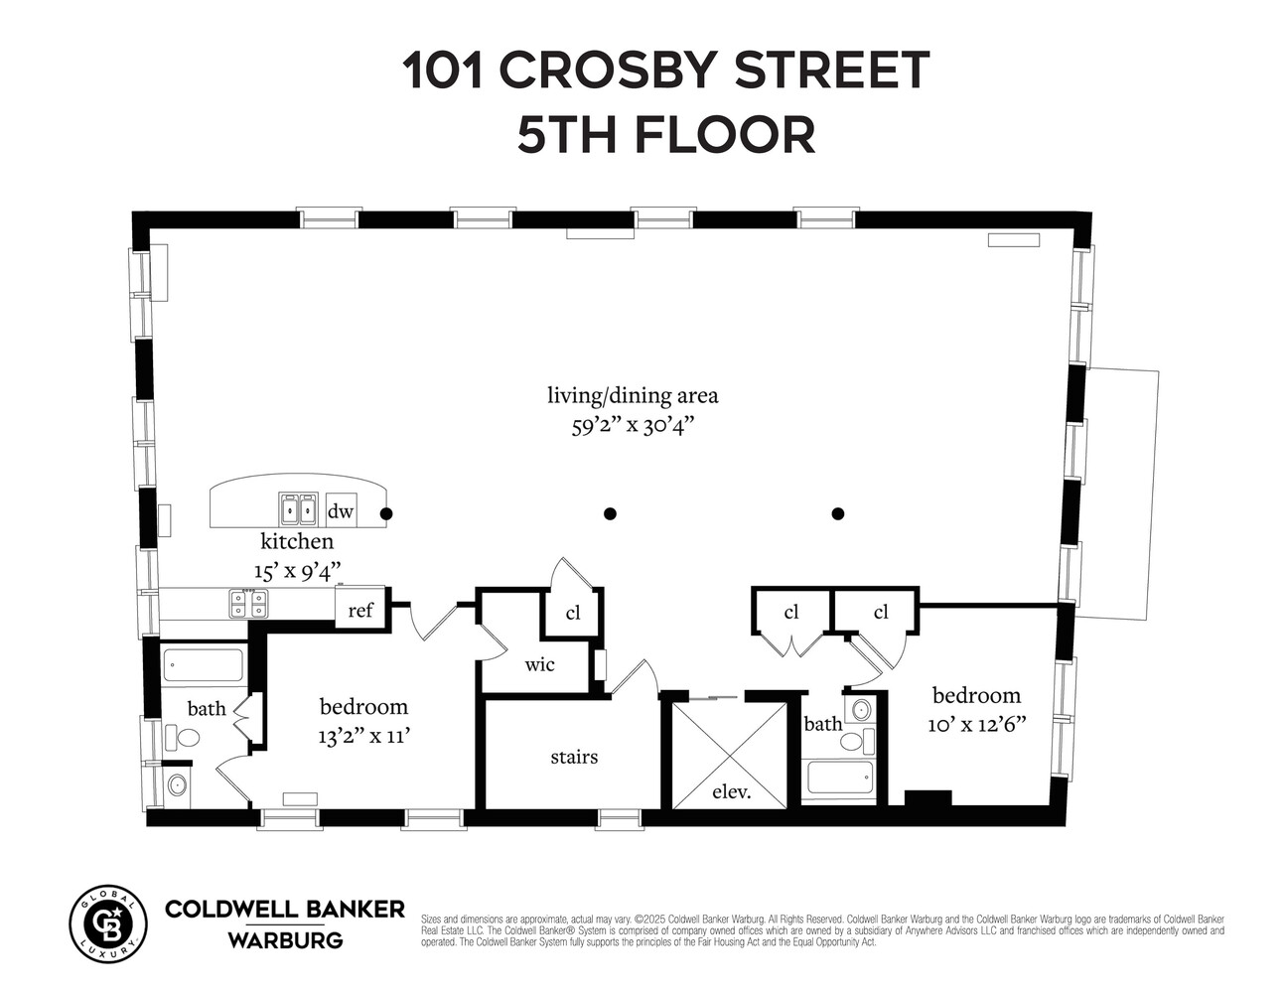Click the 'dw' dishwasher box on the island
[341, 511]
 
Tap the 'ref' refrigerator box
[360, 609]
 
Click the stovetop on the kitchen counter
[248, 603]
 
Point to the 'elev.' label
[732, 792]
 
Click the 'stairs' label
[574, 757]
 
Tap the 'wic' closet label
[539, 664]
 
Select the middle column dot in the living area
[611, 513]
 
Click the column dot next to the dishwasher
[386, 513]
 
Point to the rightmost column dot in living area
[838, 513]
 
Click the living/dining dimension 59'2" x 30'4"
[633, 426]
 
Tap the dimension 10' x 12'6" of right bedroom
[976, 724]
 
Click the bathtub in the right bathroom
[839, 778]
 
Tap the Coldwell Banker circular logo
[107, 923]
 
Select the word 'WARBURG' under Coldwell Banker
[285, 939]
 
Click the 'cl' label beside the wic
[573, 613]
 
